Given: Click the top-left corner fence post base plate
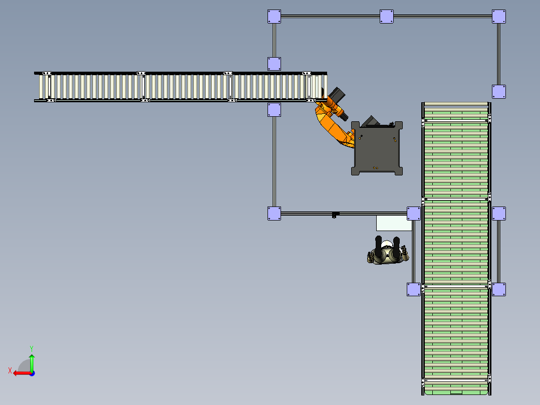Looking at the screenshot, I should tap(274, 16).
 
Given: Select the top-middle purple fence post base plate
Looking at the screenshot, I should tap(386, 16).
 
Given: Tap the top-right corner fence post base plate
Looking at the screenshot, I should tap(498, 16).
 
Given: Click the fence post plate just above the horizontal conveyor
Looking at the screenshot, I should tap(274, 64).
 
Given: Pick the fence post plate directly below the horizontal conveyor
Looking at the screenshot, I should tap(274, 110).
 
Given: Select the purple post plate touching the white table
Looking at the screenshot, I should tap(413, 214).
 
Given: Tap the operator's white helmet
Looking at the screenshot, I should tap(387, 245).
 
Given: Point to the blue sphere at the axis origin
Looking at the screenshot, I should tap(32, 373).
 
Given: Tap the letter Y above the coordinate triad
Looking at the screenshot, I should tap(32, 347).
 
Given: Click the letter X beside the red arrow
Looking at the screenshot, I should tap(10, 370).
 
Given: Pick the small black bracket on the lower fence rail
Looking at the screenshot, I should tap(335, 215).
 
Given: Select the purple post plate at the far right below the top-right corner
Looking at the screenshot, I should tap(498, 91).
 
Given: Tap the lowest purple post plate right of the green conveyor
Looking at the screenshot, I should tap(498, 289).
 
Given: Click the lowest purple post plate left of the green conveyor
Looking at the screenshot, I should tap(413, 289).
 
